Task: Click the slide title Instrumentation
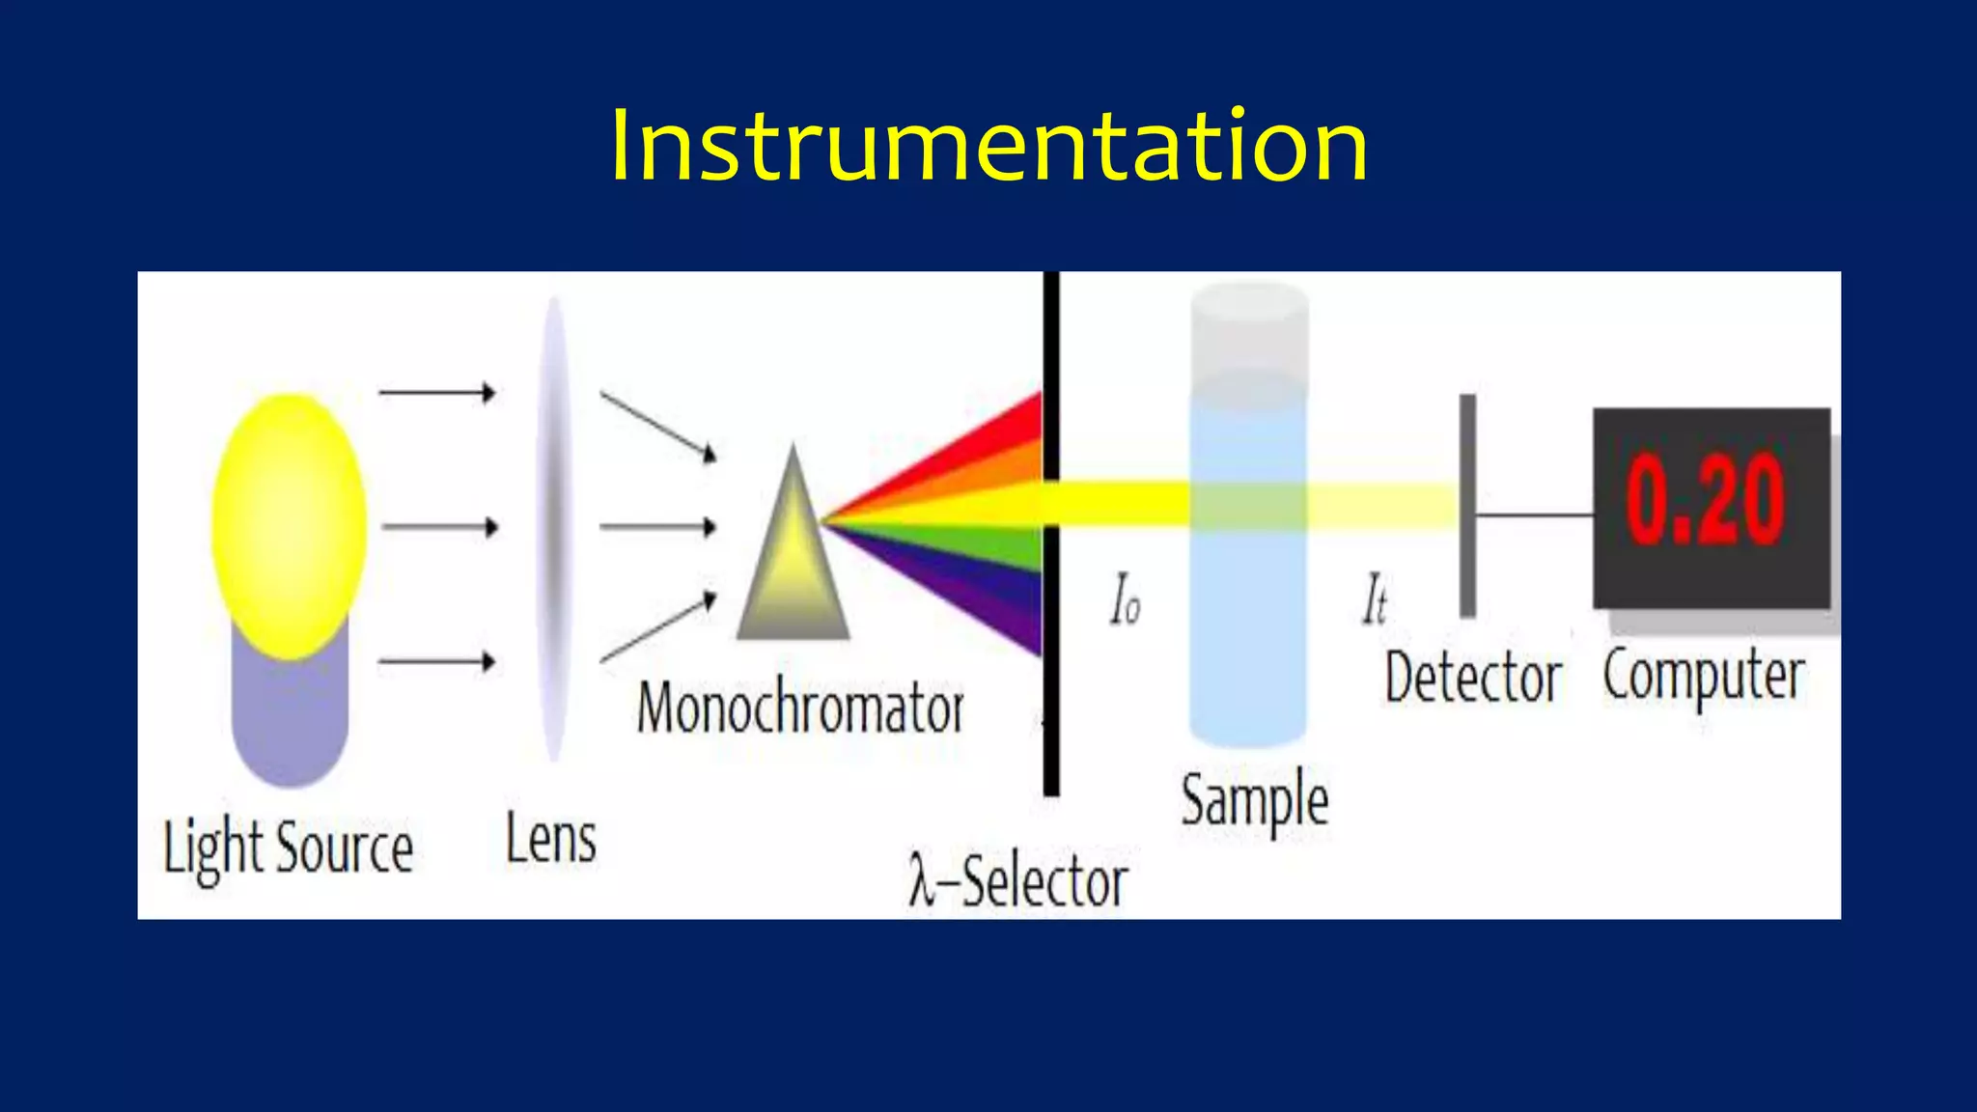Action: (x=988, y=147)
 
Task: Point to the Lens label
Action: (x=551, y=839)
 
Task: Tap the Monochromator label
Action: (x=800, y=708)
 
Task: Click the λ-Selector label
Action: (x=1017, y=881)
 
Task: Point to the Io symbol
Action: (x=1126, y=600)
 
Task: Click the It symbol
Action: (x=1375, y=600)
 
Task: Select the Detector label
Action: (x=1473, y=678)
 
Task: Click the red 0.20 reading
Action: (x=1705, y=500)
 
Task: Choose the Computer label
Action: (x=1704, y=676)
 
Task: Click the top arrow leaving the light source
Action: (x=436, y=393)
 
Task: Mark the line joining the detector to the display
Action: (x=1535, y=515)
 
